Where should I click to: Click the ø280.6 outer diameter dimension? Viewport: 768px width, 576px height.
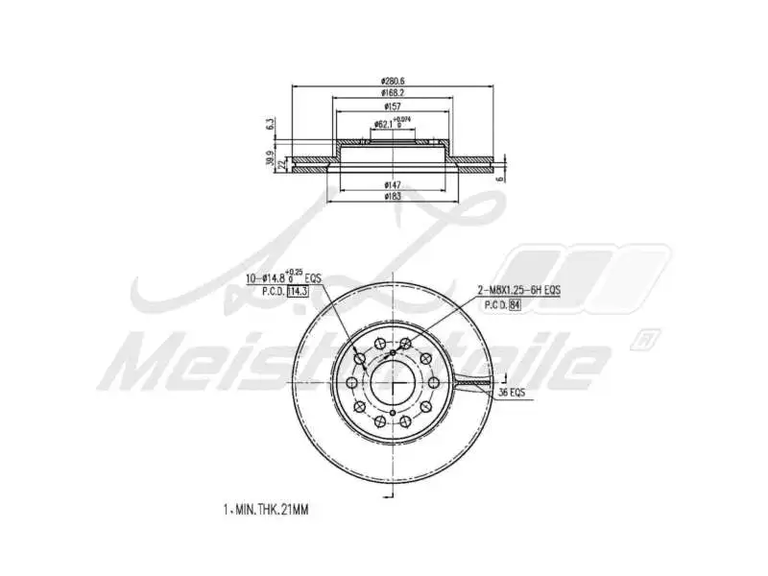click(393, 80)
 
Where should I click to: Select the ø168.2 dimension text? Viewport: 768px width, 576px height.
click(393, 93)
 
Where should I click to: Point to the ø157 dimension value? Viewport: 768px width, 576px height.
click(393, 107)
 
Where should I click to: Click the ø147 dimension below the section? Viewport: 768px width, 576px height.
click(393, 183)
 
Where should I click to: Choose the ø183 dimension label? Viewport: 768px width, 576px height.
click(393, 196)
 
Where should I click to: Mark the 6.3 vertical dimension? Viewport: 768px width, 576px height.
click(272, 125)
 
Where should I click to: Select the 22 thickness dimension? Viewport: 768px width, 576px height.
click(281, 165)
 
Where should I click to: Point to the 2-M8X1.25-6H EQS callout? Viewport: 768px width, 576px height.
click(518, 290)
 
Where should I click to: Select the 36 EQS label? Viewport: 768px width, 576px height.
click(512, 394)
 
